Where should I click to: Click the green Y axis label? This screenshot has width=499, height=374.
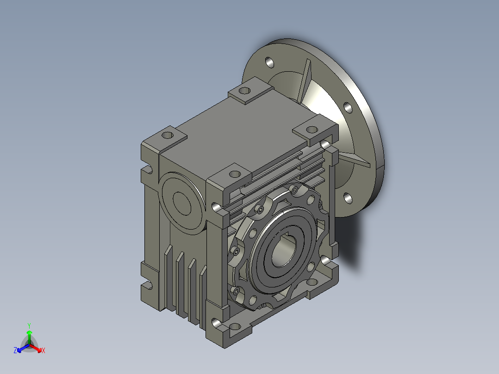click(29, 325)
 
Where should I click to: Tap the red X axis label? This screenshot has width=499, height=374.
click(44, 350)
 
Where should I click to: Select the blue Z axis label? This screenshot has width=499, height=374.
click(15, 350)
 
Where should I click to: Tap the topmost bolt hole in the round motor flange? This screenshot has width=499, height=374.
click(269, 62)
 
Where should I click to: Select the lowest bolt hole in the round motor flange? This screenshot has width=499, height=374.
click(348, 198)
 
